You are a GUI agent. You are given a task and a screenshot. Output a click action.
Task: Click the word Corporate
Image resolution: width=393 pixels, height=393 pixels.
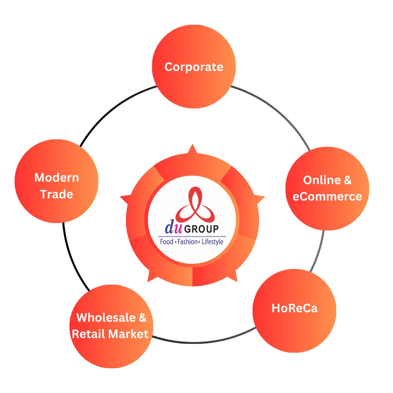coord(194,67)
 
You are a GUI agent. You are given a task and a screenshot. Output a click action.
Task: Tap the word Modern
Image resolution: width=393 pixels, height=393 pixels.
coord(56,178)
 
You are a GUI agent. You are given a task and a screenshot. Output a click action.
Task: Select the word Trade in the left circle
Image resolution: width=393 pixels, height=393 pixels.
coord(56,194)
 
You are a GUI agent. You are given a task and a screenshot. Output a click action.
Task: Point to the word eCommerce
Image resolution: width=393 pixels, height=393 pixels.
coord(327,196)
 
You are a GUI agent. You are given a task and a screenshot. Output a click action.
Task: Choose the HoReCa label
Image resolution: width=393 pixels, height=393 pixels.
coord(294,308)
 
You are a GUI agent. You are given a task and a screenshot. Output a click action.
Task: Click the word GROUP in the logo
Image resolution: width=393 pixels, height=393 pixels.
coord(202,229)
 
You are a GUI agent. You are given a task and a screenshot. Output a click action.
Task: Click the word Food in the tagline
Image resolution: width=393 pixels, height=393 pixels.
coord(167,242)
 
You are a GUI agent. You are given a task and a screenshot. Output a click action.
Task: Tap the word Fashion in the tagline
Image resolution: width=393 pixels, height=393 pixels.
coord(188,242)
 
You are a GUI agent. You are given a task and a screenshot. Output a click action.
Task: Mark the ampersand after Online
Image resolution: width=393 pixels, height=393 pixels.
coord(348,180)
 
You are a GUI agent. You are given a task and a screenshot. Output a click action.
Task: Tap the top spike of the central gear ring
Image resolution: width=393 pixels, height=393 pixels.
coord(192,148)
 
